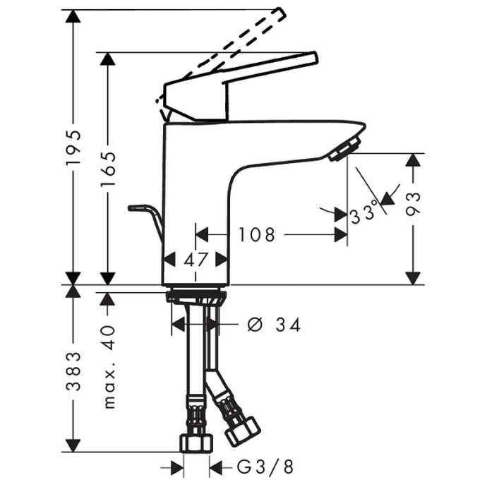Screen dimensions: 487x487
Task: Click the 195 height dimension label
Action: (x=73, y=148)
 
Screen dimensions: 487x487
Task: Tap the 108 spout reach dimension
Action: (x=256, y=235)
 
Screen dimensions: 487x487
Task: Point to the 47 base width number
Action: (x=196, y=260)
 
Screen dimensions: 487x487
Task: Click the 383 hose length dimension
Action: (x=73, y=371)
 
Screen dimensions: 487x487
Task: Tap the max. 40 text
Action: (x=108, y=367)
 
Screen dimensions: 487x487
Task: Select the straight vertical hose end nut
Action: (x=196, y=443)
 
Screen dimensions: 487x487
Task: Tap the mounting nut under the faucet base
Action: (x=197, y=296)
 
